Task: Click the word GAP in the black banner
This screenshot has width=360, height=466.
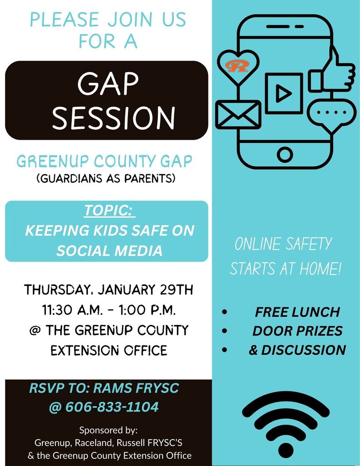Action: pos(108,84)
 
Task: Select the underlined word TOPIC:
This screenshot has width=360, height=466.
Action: pos(109,211)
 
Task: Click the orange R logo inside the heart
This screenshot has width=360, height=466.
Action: pos(237,66)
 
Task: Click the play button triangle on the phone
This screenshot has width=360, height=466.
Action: pos(284,94)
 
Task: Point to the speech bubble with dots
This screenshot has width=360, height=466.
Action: pos(331,112)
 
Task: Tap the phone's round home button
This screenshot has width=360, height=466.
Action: pos(285,155)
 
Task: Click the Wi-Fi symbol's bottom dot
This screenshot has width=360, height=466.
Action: pos(286,450)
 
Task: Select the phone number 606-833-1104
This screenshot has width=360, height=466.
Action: pos(112,406)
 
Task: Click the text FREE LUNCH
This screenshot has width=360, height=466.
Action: pos(297,312)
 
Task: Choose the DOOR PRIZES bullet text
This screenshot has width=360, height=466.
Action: pos(297,331)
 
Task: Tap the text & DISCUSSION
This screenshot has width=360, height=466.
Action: pos(297,349)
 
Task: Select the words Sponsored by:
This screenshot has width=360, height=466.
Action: pos(108,430)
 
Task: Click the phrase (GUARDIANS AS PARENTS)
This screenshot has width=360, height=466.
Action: pos(106,178)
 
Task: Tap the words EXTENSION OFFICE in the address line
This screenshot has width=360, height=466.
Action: pos(109,350)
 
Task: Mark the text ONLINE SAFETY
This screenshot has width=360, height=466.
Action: pos(284,244)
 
